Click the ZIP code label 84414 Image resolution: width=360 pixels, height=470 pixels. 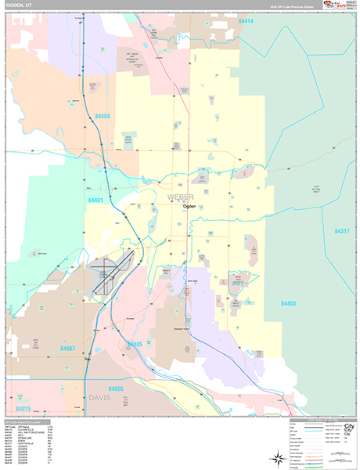click(x=247, y=20)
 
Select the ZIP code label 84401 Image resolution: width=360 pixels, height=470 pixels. click(x=96, y=201)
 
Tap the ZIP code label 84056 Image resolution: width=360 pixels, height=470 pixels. click(x=115, y=389)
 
